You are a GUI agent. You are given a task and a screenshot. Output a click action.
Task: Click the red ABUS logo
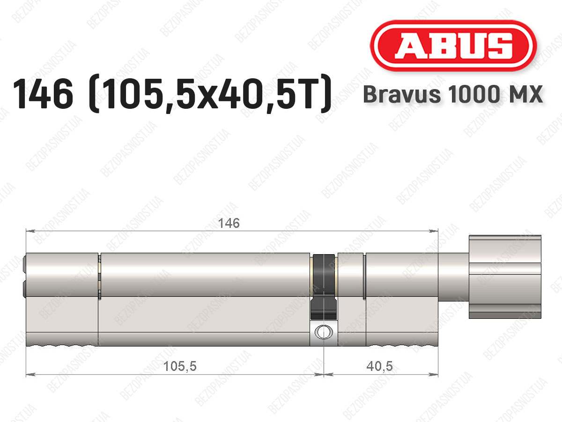[453, 45]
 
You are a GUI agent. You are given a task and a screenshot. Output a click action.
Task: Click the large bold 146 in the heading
[43, 94]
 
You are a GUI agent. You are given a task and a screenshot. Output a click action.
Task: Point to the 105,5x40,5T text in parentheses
[209, 94]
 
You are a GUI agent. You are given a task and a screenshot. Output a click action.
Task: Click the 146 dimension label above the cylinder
[229, 223]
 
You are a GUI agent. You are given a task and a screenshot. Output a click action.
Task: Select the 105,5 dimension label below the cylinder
[180, 366]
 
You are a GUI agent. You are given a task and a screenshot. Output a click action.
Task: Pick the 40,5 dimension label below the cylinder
[379, 366]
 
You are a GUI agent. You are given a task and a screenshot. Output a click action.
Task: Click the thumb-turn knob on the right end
[505, 277]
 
